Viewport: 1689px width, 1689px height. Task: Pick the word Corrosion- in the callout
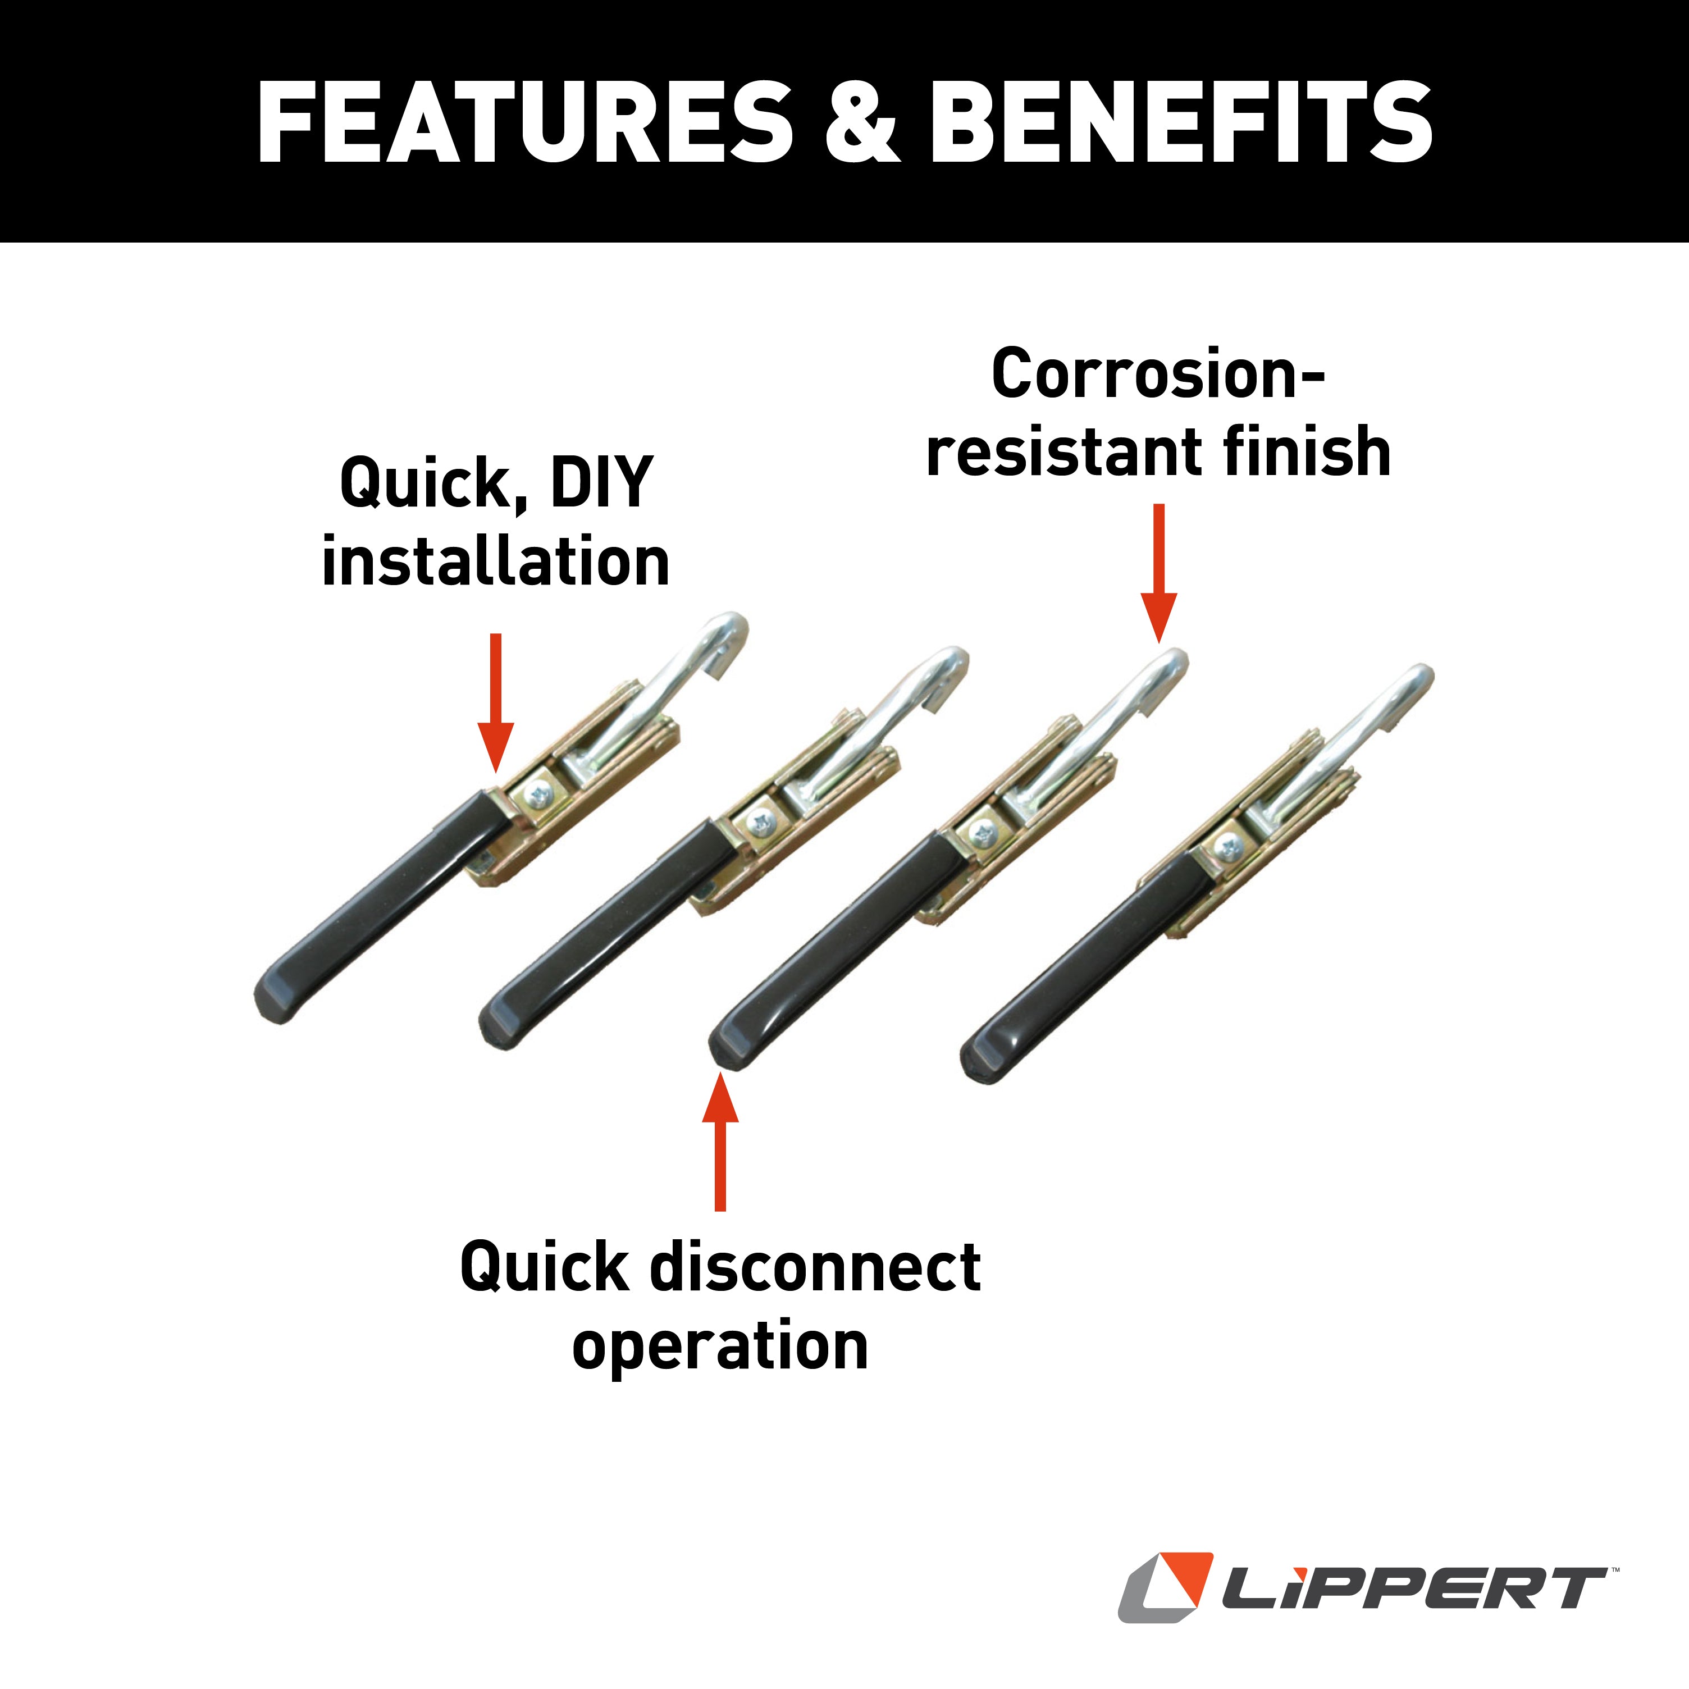coord(1158,374)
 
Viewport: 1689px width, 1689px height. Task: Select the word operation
coord(720,1346)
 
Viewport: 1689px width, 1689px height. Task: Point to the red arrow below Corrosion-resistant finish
coord(1159,573)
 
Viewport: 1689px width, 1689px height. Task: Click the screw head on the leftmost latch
coord(537,796)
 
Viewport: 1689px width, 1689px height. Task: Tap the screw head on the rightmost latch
coord(1228,846)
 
